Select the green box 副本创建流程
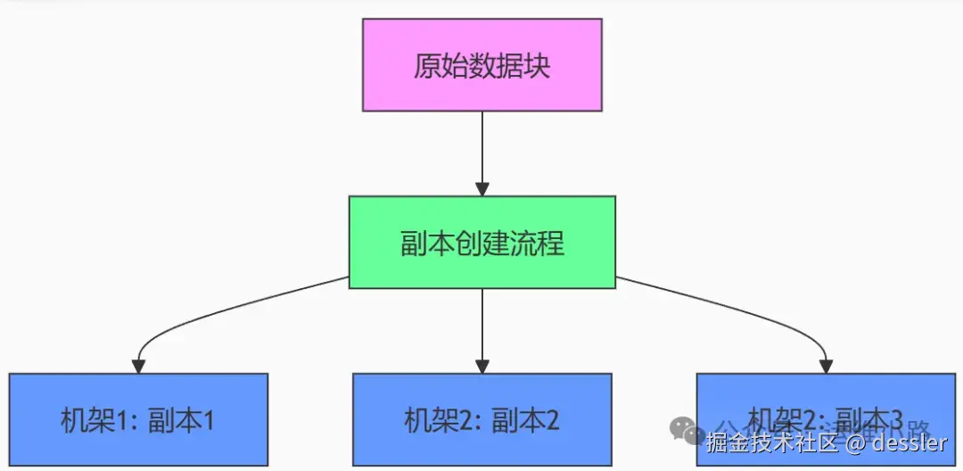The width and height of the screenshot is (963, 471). [482, 243]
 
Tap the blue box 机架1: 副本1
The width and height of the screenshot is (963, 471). [138, 419]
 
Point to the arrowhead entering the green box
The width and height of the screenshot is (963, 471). [482, 189]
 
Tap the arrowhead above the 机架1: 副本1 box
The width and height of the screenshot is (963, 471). [138, 366]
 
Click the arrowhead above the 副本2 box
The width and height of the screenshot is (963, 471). [482, 366]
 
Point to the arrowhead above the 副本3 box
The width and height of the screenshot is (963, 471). [826, 366]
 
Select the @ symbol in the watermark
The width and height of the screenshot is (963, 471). [854, 442]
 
